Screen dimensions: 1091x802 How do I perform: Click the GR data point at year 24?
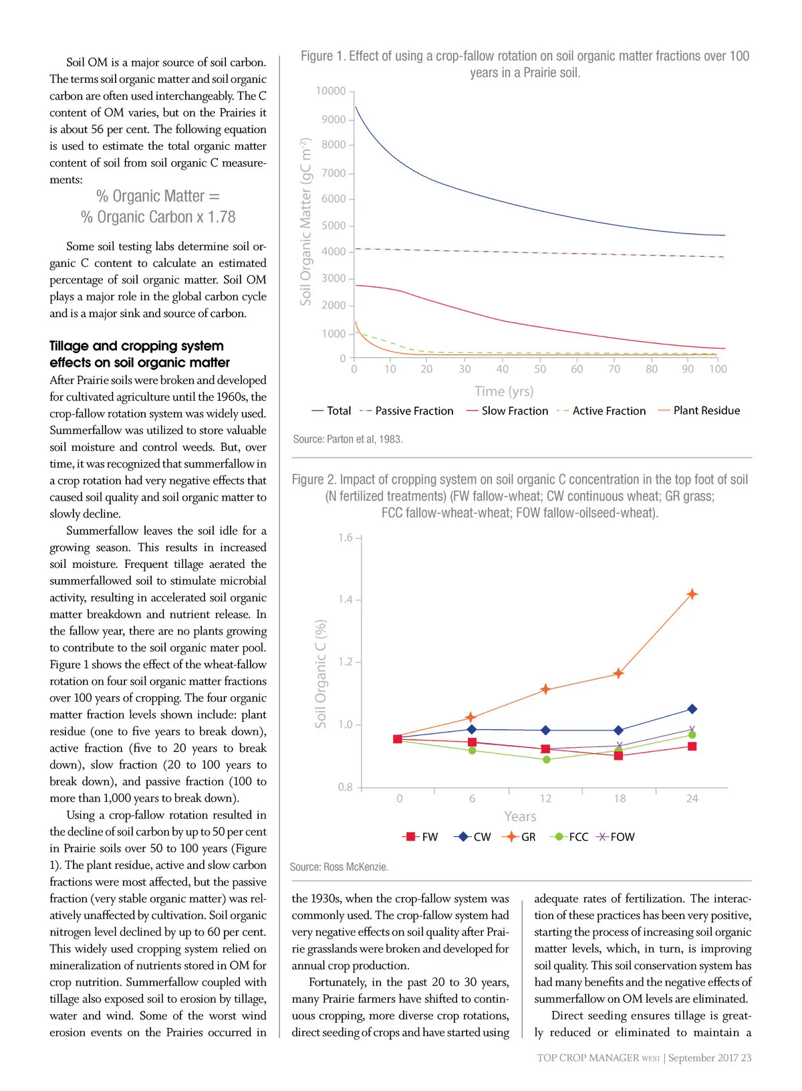[x=692, y=594]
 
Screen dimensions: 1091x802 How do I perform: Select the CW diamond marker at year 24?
[x=692, y=708]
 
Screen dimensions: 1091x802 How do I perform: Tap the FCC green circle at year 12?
[x=546, y=759]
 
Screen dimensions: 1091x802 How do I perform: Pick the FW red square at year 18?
[x=618, y=755]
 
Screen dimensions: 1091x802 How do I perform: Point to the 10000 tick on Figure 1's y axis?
[x=331, y=91]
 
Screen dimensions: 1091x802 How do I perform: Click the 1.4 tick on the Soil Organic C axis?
[x=345, y=599]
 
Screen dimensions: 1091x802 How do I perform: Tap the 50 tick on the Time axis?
[x=540, y=369]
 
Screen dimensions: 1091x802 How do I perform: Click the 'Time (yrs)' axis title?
[x=504, y=391]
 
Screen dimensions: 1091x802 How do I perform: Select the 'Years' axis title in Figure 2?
[x=520, y=816]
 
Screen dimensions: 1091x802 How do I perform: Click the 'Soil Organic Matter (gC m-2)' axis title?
[x=305, y=222]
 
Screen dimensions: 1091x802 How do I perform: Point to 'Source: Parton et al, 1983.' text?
[x=348, y=439]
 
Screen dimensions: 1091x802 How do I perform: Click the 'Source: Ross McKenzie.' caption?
[x=339, y=867]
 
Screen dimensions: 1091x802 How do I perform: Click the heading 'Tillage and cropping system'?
[x=136, y=346]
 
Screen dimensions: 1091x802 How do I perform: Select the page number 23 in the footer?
[x=746, y=1058]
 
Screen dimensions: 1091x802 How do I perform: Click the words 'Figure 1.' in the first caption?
[x=323, y=56]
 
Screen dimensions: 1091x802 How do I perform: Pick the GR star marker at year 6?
[x=471, y=717]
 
